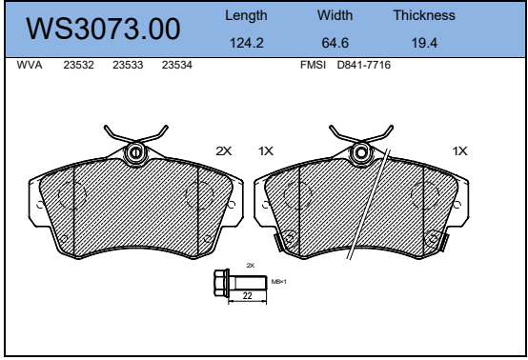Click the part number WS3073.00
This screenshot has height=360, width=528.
pos(103,29)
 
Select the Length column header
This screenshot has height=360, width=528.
pos(246,16)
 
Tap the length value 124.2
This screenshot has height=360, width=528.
pos(247,43)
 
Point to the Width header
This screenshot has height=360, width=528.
pos(335,15)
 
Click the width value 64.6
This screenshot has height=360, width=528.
pos(335,43)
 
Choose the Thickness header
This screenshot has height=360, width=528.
pos(424,15)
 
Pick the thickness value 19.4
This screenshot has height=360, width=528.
pos(424,43)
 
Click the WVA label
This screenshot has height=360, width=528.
pos(30,65)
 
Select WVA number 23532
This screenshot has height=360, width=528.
pos(78,65)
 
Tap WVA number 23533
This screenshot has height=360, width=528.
pos(128,65)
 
